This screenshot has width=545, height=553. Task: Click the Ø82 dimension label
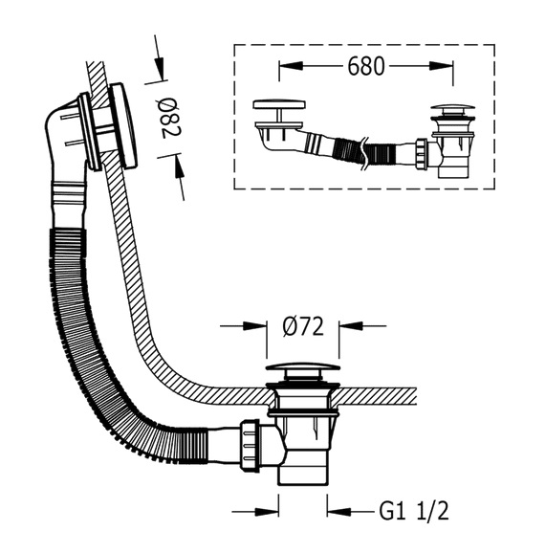pos(171,118)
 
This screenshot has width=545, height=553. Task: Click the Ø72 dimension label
pos(303,326)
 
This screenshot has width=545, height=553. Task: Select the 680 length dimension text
pos(366,66)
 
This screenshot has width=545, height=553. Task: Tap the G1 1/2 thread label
pos(414,511)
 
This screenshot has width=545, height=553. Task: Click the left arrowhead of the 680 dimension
pos(291,66)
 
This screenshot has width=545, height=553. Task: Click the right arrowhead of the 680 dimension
pos(441,66)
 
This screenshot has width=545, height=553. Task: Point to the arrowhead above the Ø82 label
pos(159,68)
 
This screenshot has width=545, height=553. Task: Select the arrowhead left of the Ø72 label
pos(254,326)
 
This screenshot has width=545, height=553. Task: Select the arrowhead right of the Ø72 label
pos(351,326)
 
